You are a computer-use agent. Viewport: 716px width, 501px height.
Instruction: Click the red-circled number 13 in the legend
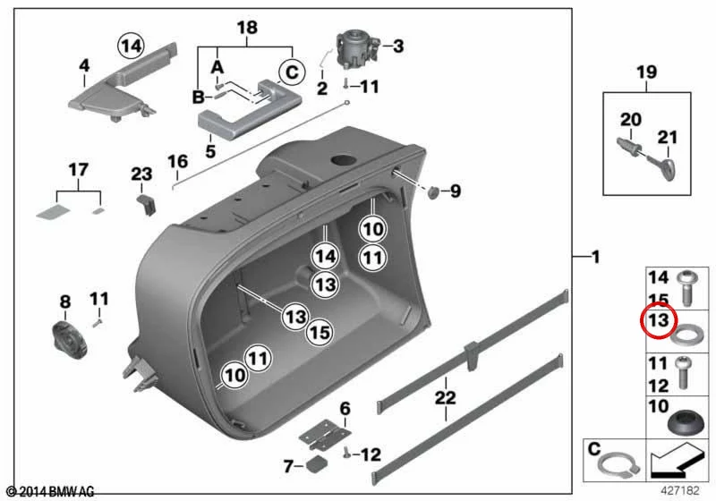pyautogui.click(x=658, y=320)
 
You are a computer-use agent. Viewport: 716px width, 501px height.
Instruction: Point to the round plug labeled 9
pyautogui.click(x=433, y=192)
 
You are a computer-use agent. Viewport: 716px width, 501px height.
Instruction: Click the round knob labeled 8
pyautogui.click(x=69, y=339)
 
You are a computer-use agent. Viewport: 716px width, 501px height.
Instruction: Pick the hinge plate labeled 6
pyautogui.click(x=325, y=435)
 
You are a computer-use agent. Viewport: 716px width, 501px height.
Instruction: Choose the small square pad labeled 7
pyautogui.click(x=317, y=464)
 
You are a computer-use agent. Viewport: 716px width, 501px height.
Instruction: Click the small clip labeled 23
pyautogui.click(x=147, y=203)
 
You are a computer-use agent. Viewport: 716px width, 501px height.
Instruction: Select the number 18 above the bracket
pyautogui.click(x=247, y=28)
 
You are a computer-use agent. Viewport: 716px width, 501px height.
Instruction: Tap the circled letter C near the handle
pyautogui.click(x=292, y=72)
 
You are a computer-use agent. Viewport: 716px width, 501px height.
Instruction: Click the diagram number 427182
pyautogui.click(x=680, y=490)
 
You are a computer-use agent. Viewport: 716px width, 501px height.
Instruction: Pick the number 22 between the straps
pyautogui.click(x=445, y=397)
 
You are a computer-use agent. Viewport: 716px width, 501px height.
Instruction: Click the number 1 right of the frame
pyautogui.click(x=595, y=258)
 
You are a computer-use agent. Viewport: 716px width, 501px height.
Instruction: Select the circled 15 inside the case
pyautogui.click(x=320, y=332)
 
